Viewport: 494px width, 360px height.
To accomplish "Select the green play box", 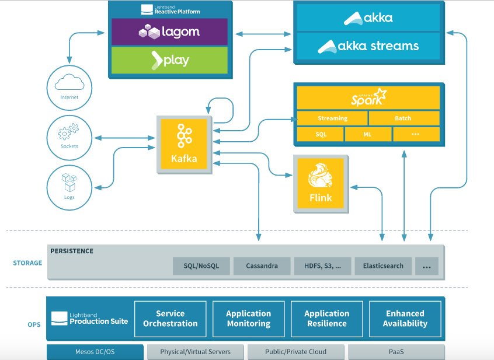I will point(169,60).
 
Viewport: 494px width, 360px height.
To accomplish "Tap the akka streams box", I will point(368,46).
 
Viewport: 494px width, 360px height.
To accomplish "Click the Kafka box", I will point(185,144).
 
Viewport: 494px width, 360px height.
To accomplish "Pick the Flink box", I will point(320,183).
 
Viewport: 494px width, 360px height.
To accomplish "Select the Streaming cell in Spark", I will point(332,118).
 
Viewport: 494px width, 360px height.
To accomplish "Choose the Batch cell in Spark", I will point(403,118).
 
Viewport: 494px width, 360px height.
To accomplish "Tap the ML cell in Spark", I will point(368,134).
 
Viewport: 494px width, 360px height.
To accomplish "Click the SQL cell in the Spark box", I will point(321,134).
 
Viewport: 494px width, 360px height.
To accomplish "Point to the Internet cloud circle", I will point(69,86).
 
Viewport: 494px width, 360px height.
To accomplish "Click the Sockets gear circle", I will point(69,135).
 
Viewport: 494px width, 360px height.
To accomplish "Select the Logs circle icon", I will point(69,186).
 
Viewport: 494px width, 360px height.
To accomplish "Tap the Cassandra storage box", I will point(261,266).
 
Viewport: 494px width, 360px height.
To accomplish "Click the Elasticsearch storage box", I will point(383,266).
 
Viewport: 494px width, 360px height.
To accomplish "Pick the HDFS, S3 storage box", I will point(322,266).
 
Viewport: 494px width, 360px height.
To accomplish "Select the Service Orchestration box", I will point(171,319).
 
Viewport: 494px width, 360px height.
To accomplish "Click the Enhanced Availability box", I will point(405,319).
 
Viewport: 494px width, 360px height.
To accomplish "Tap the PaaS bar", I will point(396,352).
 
